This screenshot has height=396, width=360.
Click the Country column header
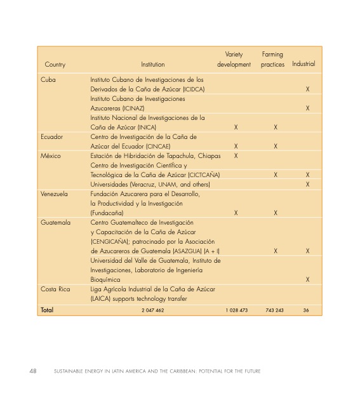55,65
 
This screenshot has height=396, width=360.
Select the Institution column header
152,65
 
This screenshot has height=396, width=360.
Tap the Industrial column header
303,65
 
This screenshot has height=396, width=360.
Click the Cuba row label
48,80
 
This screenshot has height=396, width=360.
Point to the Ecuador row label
51,137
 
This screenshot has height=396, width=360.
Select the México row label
50,156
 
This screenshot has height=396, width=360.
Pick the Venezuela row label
54,194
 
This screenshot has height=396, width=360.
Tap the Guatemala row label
55,223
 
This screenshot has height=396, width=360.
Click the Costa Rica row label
55,289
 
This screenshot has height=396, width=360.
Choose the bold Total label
47,310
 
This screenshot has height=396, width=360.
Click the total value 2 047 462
152,311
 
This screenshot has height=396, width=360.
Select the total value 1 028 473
236,311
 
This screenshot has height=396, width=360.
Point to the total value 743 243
274,311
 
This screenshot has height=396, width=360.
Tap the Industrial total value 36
306,311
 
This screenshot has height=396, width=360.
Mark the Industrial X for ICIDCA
307,89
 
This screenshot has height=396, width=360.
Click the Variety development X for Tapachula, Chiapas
236,156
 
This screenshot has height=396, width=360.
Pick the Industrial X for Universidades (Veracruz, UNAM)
307,185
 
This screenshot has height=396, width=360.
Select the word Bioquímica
106,279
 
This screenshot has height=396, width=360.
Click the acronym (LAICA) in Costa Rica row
100,299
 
